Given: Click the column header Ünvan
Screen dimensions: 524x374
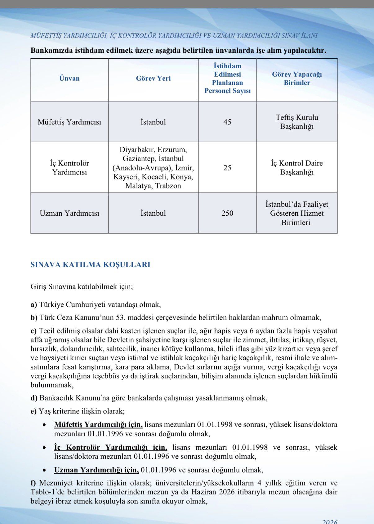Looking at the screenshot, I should [69, 78].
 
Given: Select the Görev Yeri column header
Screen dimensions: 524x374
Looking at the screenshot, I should [153, 78].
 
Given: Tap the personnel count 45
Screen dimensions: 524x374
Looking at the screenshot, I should [227, 122].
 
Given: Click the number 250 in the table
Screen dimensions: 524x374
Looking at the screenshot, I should [227, 213].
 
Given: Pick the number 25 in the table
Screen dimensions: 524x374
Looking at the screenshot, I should [227, 168].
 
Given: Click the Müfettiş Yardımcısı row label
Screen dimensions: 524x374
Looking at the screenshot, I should [69, 122].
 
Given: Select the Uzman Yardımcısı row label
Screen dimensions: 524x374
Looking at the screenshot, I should [69, 213].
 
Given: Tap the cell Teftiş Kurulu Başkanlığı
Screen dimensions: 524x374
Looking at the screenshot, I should [297, 122].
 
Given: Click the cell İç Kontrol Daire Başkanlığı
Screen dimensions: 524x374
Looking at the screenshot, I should [297, 168].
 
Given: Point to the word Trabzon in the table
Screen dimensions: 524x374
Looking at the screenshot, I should [168, 186].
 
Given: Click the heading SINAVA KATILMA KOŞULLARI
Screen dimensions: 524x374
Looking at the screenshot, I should [90, 265].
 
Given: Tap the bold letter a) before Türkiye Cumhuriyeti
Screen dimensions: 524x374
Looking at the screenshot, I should [34, 305].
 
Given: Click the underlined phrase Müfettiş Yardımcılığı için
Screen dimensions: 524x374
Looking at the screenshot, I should [98, 424].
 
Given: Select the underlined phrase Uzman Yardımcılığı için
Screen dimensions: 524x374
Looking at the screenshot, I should [96, 470].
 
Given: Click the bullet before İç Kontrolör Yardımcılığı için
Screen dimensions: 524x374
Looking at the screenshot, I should [45, 448].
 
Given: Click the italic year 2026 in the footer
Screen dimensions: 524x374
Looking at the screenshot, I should [330, 522].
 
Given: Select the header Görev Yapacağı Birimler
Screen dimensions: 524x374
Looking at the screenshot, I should [297, 79].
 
